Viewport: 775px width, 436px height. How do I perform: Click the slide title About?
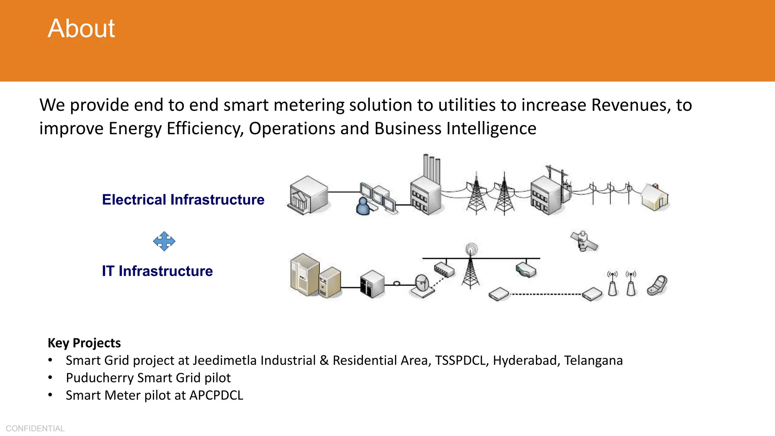81,29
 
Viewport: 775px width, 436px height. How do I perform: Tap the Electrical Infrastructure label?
183,199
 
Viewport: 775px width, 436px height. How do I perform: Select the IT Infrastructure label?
157,271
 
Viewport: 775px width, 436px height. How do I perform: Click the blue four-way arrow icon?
164,241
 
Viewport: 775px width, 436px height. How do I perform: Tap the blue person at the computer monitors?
363,206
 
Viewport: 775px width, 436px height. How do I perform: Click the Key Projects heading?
84,343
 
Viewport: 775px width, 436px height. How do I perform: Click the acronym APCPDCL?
216,395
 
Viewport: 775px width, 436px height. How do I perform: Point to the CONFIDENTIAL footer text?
35,428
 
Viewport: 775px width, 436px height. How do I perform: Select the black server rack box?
372,284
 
